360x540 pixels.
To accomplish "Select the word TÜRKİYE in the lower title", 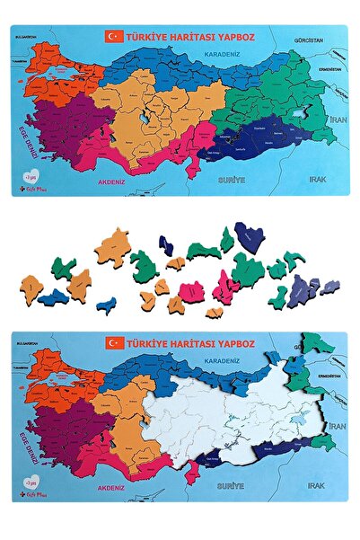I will (x=149, y=343).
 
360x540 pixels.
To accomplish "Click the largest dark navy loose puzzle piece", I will (x=249, y=236).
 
